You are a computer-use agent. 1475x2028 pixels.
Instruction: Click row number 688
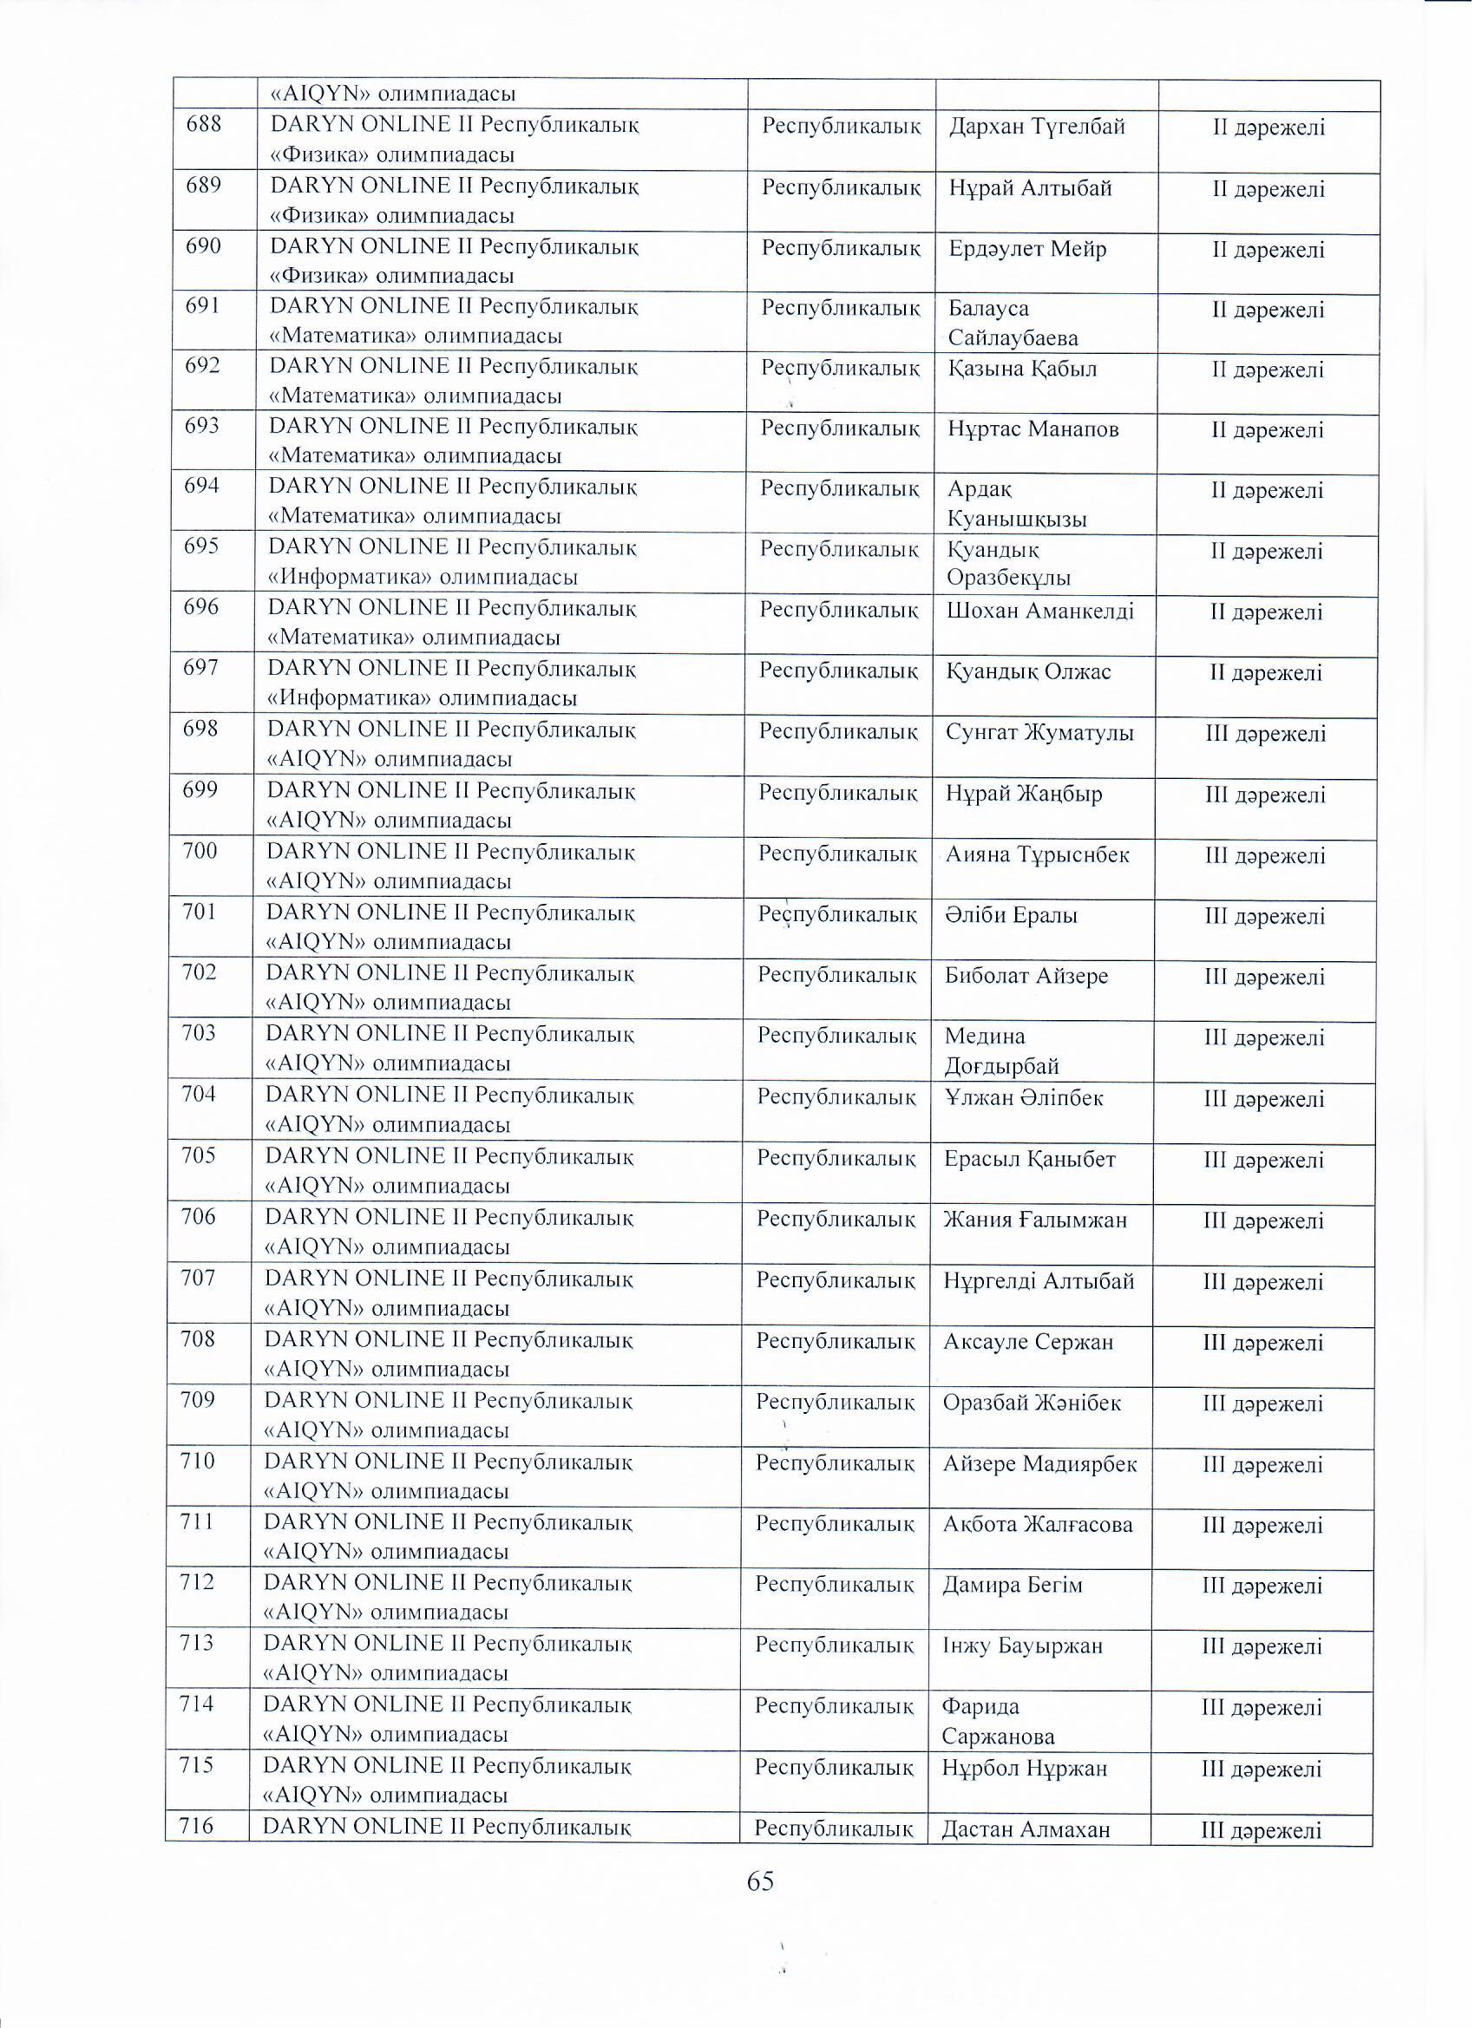click(204, 123)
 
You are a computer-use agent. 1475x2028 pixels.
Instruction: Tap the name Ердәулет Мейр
click(1028, 249)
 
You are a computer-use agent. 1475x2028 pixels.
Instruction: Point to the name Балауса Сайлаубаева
click(1013, 323)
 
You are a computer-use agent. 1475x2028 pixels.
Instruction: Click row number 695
click(201, 546)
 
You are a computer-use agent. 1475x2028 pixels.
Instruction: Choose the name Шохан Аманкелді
click(1040, 612)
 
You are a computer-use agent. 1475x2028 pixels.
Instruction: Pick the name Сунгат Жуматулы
click(1039, 733)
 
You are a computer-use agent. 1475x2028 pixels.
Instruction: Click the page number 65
click(759, 1881)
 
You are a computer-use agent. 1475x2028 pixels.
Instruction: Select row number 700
click(200, 850)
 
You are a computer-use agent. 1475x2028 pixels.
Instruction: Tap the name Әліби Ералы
click(1011, 916)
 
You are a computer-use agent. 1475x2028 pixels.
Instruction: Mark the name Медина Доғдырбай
click(1002, 1050)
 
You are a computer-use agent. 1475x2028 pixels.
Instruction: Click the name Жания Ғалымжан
click(1035, 1220)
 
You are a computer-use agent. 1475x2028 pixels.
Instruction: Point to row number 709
click(198, 1399)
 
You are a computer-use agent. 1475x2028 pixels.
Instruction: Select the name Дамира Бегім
click(1013, 1586)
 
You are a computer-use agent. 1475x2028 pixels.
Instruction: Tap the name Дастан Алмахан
click(1025, 1829)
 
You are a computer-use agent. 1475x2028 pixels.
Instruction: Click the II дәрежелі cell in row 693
click(1268, 430)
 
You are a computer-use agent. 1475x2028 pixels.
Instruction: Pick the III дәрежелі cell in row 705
click(1264, 1161)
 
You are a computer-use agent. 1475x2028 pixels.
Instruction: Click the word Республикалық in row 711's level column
click(835, 1524)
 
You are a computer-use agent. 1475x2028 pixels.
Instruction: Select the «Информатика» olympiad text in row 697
click(423, 698)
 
